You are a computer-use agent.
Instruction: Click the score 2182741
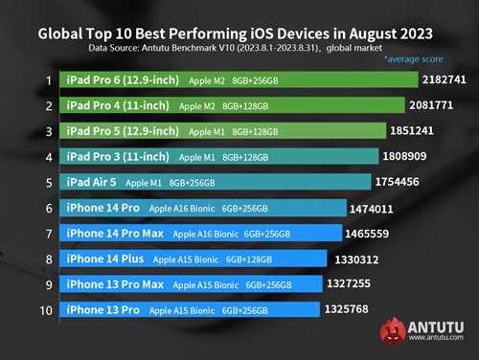pos(445,79)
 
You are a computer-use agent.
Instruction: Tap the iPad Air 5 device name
pos(91,182)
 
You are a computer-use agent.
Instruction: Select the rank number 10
pos(46,310)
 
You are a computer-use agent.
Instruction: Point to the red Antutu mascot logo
pos(393,330)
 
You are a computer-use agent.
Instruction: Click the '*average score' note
pos(414,59)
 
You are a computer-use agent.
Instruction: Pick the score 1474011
pos(372,209)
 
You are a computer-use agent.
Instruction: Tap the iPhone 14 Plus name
pos(105,259)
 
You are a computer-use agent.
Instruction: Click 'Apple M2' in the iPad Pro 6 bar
pos(207,80)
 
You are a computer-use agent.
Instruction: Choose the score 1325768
pos(347,309)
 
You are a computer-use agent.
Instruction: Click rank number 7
pos(49,234)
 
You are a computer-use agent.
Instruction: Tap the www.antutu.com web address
pos(436,337)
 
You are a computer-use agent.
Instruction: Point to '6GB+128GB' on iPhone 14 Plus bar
pos(249,259)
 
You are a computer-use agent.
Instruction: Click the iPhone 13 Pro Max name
pos(115,284)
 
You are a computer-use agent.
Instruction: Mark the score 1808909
pos(404,156)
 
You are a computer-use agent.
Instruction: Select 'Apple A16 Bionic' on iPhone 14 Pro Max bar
pos(205,234)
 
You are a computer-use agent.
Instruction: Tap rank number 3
pos(49,131)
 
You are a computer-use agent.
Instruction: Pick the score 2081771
pos(431,105)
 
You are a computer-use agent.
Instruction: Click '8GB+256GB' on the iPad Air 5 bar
pos(192,183)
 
